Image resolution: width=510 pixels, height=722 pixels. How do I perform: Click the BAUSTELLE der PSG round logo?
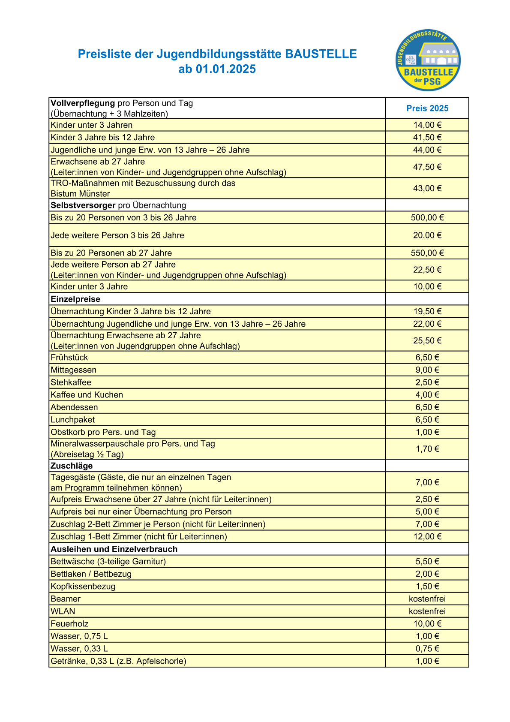point(428,60)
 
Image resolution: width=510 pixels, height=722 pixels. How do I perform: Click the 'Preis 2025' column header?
point(427,108)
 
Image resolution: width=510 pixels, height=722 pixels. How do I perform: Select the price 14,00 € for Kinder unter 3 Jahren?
point(427,125)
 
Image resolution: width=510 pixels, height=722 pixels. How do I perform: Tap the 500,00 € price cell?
point(427,218)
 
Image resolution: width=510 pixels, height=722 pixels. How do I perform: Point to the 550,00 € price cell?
point(427,253)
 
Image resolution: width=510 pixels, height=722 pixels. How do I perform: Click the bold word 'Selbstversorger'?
point(83,205)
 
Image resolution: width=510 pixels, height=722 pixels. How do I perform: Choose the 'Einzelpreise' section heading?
point(75,299)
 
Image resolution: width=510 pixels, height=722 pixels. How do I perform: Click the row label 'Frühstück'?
point(69,358)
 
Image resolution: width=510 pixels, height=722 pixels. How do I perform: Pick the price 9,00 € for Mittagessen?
point(427,370)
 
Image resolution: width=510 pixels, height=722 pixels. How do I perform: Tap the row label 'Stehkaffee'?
point(71,382)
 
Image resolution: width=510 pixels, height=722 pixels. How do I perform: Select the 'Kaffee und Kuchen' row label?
point(87,395)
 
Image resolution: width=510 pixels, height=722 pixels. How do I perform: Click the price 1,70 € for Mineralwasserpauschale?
point(427,449)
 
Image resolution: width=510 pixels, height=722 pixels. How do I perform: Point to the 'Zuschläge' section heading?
point(72,466)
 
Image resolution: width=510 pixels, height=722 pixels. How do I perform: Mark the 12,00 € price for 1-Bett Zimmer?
point(427,537)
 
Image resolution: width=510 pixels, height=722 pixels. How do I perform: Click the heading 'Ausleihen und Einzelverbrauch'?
point(114,549)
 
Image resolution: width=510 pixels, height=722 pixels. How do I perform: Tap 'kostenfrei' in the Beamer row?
point(427,599)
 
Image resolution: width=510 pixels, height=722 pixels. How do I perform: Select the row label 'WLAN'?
point(63,611)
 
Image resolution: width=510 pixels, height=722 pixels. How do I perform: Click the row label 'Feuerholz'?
point(69,624)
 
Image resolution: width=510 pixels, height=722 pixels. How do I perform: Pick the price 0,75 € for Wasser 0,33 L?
point(427,649)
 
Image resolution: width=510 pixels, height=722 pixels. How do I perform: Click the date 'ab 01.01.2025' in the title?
point(217,69)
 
